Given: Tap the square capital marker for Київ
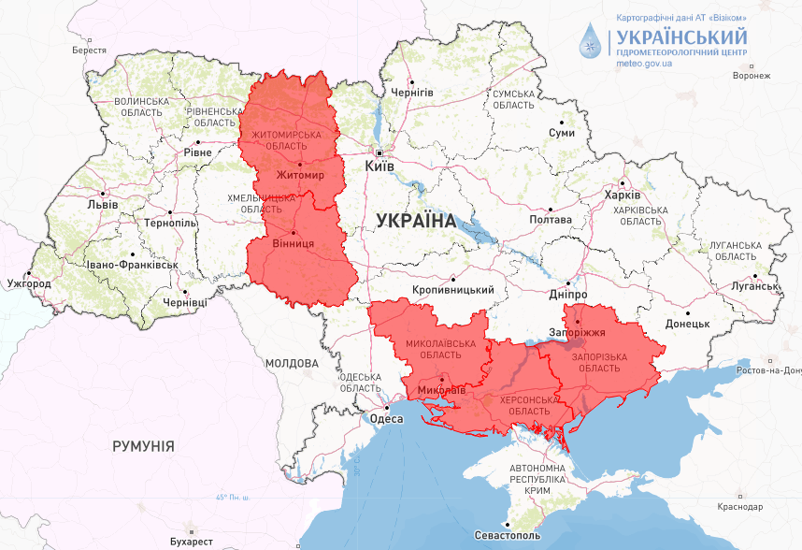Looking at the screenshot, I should point(380,152).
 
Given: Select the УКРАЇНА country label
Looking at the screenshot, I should point(415,222).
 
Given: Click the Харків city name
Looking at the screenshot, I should point(623,195).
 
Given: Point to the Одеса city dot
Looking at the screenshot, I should point(387,408).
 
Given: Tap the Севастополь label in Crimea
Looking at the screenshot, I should point(508,537).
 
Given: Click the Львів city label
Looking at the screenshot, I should point(102,203).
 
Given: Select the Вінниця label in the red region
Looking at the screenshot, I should point(293,244).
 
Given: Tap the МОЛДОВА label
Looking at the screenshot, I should point(291,363).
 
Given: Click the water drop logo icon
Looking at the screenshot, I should point(591,38).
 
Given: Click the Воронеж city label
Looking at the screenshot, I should point(752,75).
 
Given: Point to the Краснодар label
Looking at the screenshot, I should point(740,506).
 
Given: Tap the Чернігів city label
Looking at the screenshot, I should point(412,93).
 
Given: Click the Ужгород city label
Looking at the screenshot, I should point(28,282).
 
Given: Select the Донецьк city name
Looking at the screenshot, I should point(687,324).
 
